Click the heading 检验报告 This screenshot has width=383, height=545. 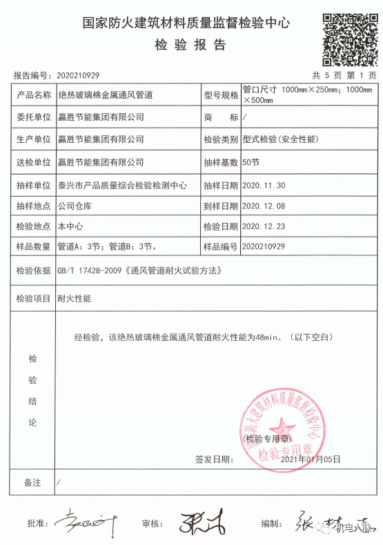(x=190, y=46)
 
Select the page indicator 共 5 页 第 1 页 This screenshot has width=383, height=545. (x=344, y=75)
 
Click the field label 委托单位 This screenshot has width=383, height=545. (x=33, y=117)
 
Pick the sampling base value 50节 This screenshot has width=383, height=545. (x=250, y=163)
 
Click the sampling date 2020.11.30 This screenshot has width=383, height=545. (x=265, y=185)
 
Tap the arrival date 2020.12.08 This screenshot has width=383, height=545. (x=265, y=206)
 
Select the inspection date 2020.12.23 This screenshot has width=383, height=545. (x=265, y=226)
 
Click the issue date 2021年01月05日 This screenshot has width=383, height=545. (x=311, y=459)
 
